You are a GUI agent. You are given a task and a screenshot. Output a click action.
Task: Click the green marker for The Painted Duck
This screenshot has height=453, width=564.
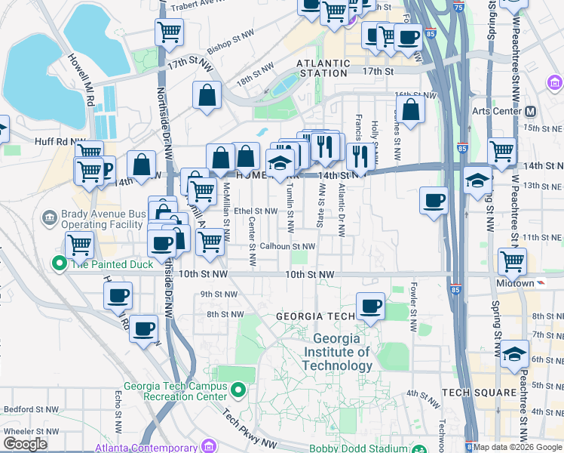pos(59,263)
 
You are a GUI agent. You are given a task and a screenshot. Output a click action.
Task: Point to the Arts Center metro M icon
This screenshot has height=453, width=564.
pos(530,111)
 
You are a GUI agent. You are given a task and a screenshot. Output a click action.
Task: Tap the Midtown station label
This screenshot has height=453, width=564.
pos(515,282)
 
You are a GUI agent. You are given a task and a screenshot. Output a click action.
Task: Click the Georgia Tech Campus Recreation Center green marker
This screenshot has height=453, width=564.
pos(238,390)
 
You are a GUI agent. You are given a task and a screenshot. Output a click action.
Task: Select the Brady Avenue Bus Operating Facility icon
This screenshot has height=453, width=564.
pos(50,218)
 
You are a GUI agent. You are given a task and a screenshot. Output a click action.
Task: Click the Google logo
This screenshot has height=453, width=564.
pos(25,444)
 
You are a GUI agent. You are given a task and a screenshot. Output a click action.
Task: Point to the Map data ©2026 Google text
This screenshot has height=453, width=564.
pos(518,447)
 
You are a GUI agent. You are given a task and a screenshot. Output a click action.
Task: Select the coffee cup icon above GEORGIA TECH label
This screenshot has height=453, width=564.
pos(370,306)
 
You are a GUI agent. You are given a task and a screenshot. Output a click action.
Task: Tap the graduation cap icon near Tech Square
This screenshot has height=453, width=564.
pos(514,354)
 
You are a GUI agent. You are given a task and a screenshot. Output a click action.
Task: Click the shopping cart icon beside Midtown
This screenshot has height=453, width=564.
pos(513,261)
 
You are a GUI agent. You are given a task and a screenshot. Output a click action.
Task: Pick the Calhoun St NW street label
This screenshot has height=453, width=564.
pos(287,246)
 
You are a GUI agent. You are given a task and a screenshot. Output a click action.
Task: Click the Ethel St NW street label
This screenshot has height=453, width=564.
pos(256,211)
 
